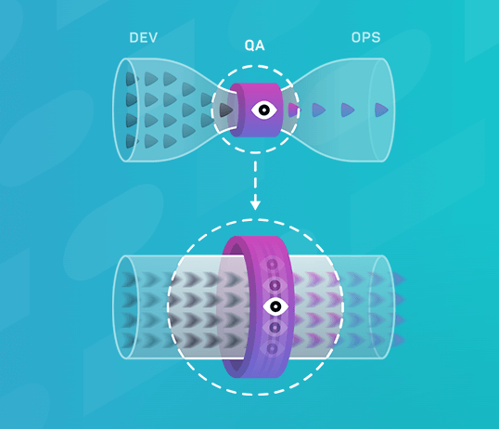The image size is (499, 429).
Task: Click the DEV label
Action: point(143,38)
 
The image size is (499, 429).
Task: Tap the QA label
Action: point(254,45)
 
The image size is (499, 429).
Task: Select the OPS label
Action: point(366,38)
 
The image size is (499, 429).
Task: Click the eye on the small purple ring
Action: point(264,110)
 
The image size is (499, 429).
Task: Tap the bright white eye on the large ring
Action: point(275,306)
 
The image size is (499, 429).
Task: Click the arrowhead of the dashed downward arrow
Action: point(255,205)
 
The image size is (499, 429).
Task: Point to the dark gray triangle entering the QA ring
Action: point(226,110)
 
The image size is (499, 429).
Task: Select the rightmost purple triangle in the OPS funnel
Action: point(381,110)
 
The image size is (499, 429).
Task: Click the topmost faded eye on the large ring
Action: point(273,265)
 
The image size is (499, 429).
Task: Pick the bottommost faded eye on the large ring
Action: point(273,349)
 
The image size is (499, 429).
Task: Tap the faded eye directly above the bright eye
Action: point(275,285)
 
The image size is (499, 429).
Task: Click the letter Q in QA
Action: point(249,45)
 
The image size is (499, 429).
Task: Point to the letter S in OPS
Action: point(376,38)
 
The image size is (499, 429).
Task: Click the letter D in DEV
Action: point(134,38)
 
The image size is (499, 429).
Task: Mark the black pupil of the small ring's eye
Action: point(264,110)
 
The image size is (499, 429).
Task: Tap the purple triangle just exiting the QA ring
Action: point(293,110)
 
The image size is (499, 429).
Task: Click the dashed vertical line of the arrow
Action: point(255,181)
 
